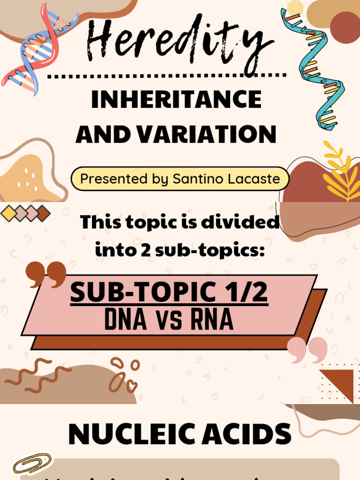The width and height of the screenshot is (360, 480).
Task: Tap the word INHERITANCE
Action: [176, 99]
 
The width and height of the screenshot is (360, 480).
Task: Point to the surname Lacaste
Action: [255, 179]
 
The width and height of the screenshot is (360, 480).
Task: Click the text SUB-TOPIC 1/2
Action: [169, 292]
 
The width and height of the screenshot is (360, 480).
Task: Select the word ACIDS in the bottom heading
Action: [244, 434]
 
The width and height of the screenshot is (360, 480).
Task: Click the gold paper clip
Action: [32, 463]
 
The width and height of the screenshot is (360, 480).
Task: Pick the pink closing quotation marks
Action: [307, 349]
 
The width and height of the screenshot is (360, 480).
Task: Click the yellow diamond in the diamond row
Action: [8, 213]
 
